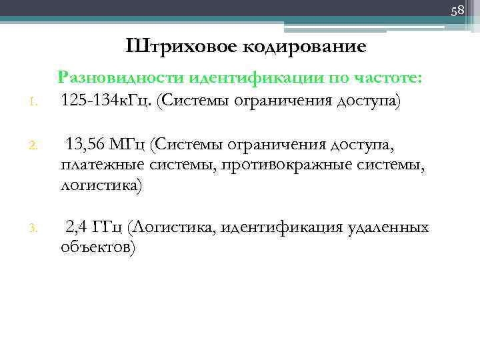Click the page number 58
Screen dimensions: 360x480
tap(457, 11)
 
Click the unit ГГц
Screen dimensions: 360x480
tap(109, 228)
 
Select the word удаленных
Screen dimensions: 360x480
tap(388, 228)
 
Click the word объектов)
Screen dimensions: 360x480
tap(98, 248)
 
